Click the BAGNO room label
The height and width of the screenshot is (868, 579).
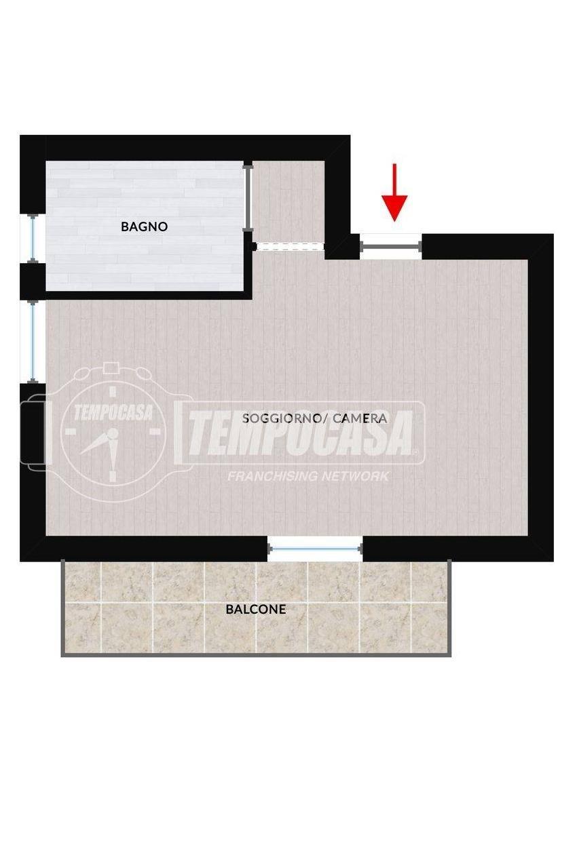[144, 226]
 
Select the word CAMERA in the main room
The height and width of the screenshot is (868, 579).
[360, 418]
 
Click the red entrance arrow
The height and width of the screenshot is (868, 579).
[394, 193]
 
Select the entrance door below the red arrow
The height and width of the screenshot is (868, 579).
[390, 245]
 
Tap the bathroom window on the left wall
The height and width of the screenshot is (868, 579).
[33, 238]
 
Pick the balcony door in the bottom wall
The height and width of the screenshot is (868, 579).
[315, 549]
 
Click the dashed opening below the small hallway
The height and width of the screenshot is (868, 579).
[290, 246]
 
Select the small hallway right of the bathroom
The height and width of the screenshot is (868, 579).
[289, 201]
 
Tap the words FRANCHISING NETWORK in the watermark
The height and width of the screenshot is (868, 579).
[308, 476]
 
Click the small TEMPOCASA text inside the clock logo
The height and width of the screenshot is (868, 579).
[113, 412]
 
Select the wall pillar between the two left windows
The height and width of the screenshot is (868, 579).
[33, 281]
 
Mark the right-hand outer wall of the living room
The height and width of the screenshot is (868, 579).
[540, 397]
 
